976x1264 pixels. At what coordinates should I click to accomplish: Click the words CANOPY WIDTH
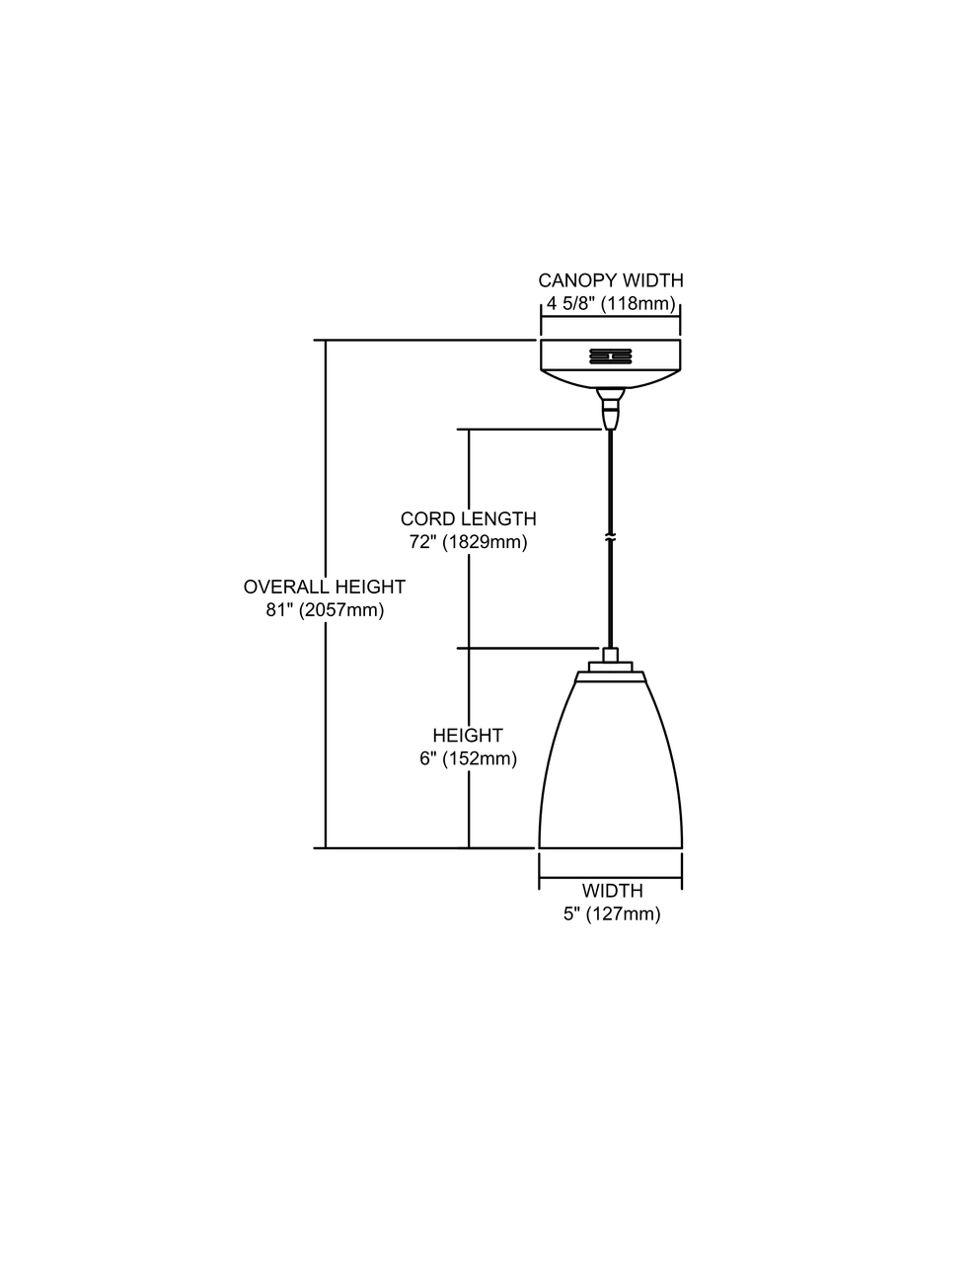tap(610, 280)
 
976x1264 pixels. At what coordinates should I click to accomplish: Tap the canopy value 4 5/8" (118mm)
tap(610, 303)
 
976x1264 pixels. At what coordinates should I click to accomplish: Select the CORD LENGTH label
tap(469, 518)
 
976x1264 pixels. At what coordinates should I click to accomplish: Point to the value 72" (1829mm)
tap(469, 541)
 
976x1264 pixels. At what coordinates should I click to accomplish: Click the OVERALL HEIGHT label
tap(325, 587)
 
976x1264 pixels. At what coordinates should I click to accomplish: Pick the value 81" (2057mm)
tap(325, 609)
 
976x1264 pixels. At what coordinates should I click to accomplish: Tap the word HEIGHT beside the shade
tap(468, 736)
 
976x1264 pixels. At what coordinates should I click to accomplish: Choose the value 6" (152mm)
tap(468, 758)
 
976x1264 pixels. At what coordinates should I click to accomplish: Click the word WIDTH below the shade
tap(612, 891)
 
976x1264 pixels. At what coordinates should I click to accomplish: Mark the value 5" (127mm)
tap(612, 913)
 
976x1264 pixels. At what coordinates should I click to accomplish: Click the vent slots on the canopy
tap(610, 355)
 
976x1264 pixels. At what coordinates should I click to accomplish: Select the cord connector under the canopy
tap(610, 408)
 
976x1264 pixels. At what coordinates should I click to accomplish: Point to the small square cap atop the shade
tap(610, 655)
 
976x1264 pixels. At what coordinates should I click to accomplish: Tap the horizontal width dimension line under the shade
tap(610, 877)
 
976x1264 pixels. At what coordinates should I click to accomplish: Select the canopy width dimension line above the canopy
tap(610, 317)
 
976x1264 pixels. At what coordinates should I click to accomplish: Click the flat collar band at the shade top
tap(610, 675)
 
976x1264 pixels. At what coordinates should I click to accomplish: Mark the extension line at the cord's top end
tap(529, 430)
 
